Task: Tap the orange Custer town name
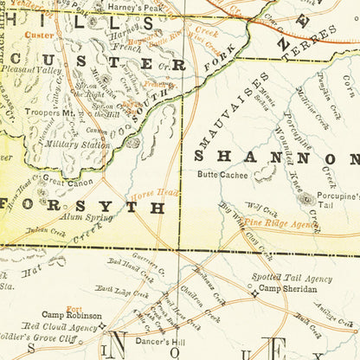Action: pyautogui.click(x=39, y=35)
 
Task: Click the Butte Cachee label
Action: pyautogui.click(x=222, y=174)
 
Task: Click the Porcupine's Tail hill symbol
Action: pyautogui.click(x=305, y=198)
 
